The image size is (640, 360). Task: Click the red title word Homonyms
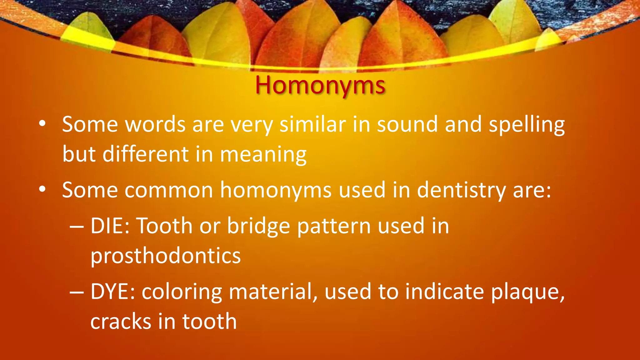pos(320,86)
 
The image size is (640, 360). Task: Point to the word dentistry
pos(461,190)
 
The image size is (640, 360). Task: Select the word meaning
pos(263,155)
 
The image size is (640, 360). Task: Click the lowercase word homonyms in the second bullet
pos(276,190)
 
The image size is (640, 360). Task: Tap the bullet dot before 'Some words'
pos(42,124)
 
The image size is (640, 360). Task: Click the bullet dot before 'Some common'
pos(42,189)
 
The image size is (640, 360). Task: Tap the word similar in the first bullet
pos(312,124)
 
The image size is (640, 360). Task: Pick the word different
pos(146,154)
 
